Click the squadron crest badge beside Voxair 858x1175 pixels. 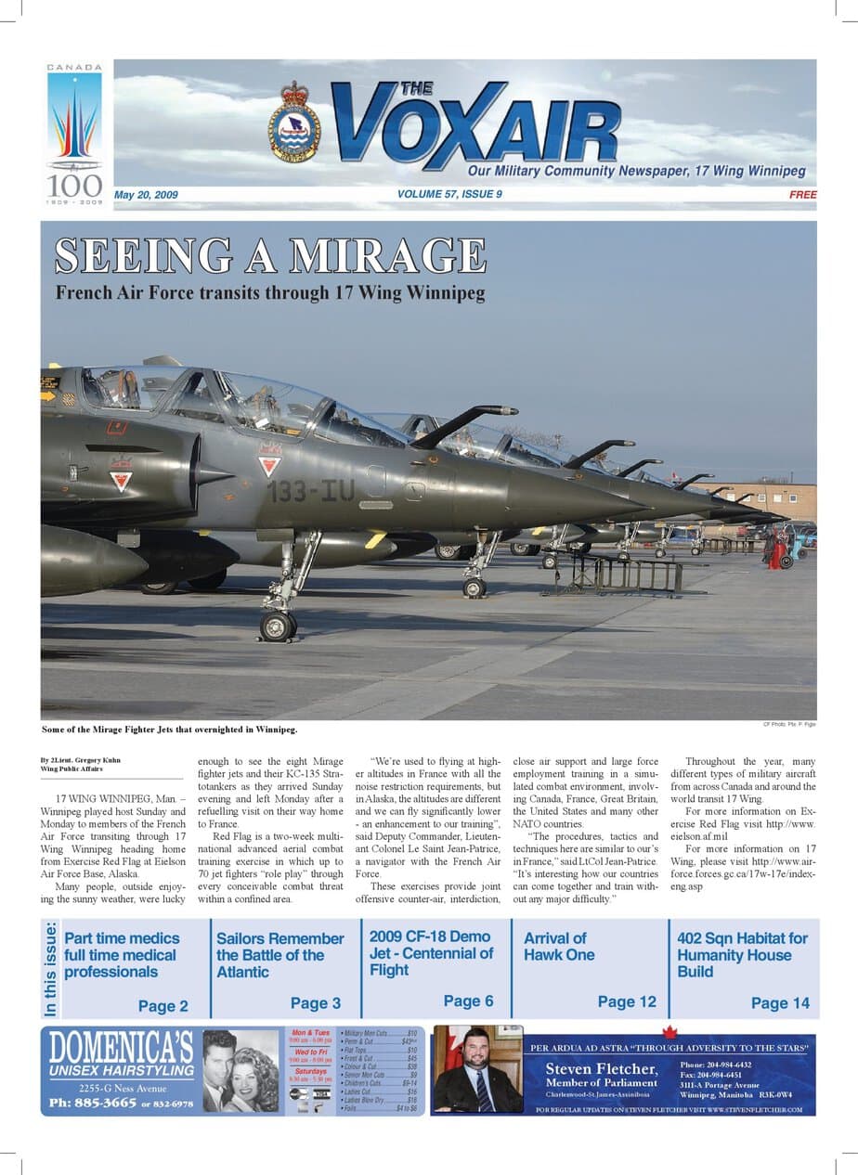point(294,122)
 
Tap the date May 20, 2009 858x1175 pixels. point(146,195)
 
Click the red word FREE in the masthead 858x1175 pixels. point(802,195)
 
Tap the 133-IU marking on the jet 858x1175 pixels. point(311,490)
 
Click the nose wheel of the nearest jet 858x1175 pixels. point(278,626)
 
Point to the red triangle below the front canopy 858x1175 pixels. point(269,466)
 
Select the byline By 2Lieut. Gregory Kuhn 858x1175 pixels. point(80,760)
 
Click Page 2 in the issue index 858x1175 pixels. point(162,1006)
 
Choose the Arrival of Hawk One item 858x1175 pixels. point(555,947)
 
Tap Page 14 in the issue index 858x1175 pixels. point(780,1003)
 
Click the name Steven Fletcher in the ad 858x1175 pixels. point(602,1068)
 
